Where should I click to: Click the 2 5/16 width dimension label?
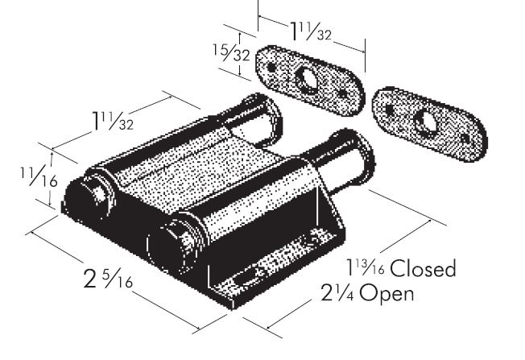[x=108, y=279]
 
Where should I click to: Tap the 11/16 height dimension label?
[x=39, y=176]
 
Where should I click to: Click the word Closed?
[x=423, y=268]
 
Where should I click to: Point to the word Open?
[x=387, y=293]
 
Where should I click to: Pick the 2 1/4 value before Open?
[x=337, y=292]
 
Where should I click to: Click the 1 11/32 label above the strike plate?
[x=311, y=31]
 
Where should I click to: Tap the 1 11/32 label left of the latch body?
[x=113, y=121]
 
